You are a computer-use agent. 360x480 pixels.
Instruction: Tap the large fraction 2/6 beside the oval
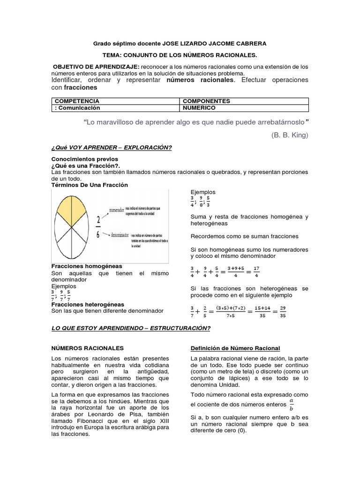pyautogui.click(x=98, y=227)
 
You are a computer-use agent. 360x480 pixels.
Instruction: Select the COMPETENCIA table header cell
pyautogui.click(x=77, y=101)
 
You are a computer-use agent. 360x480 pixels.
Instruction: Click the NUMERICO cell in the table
pyautogui.click(x=199, y=108)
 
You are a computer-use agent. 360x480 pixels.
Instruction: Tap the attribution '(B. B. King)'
pyautogui.click(x=290, y=135)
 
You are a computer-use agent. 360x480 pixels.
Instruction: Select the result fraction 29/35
pyautogui.click(x=283, y=312)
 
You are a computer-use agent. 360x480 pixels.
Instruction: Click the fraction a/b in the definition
pyautogui.click(x=291, y=404)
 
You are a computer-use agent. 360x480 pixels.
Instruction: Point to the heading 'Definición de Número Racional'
pyautogui.click(x=235, y=348)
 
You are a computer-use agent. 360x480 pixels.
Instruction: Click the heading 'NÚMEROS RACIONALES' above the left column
pyautogui.click(x=87, y=348)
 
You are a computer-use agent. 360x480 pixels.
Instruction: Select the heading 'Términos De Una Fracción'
pyautogui.click(x=89, y=185)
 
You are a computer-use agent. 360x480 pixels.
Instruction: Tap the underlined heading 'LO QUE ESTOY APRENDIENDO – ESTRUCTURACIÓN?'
pyautogui.click(x=131, y=328)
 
